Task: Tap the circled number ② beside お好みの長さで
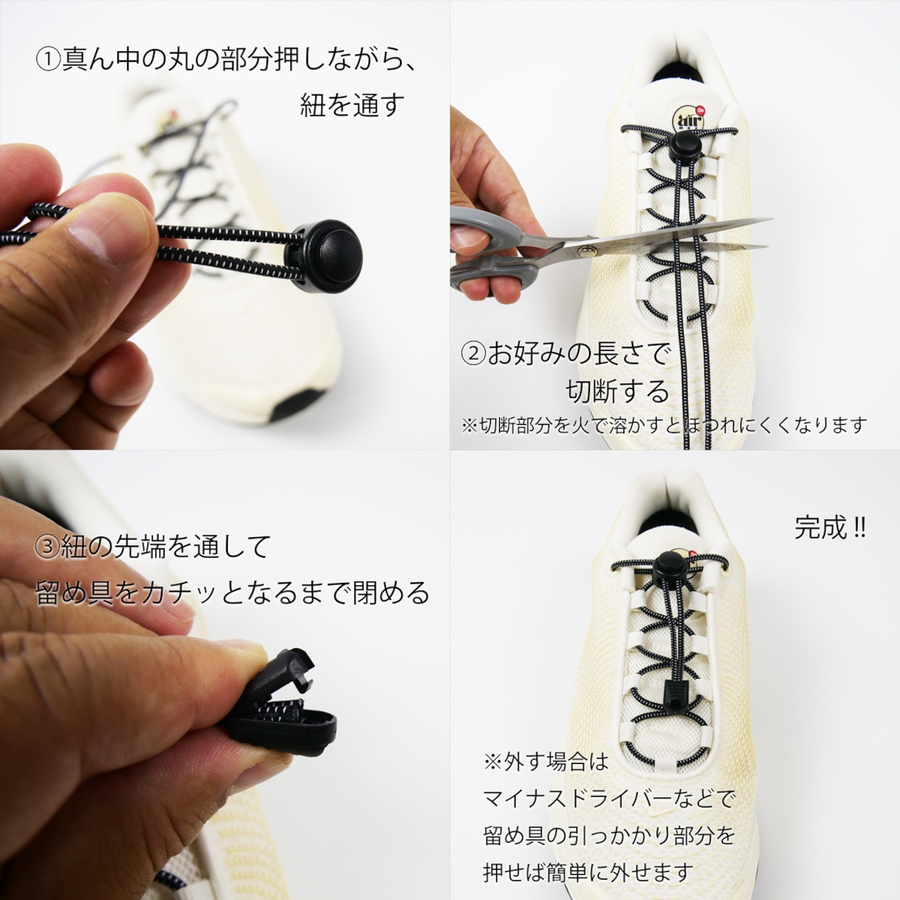click(x=474, y=355)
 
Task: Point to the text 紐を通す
click(x=352, y=105)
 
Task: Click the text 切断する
click(x=617, y=392)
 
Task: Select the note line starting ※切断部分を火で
click(x=664, y=425)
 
